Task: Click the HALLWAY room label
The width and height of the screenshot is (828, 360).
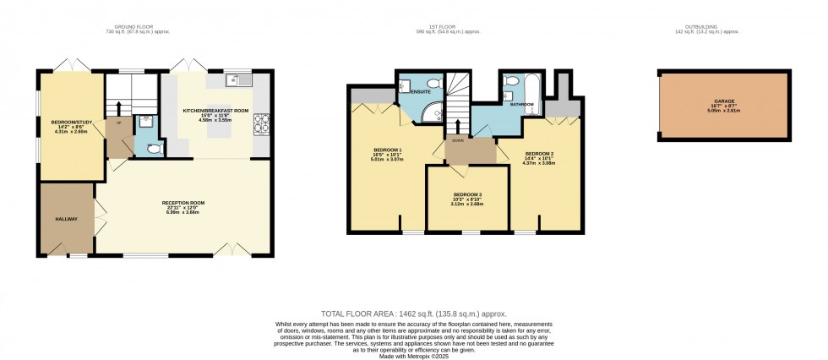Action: click(x=67, y=220)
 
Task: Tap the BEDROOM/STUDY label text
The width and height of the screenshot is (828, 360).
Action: click(x=69, y=123)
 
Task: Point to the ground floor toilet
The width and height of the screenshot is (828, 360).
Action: click(x=152, y=147)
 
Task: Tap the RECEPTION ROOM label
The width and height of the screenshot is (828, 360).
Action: click(x=183, y=203)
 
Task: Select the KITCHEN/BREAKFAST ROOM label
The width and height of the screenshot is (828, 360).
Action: click(x=216, y=111)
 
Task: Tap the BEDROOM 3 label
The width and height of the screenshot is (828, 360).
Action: click(x=466, y=194)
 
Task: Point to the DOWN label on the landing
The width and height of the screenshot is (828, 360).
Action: click(x=458, y=140)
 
